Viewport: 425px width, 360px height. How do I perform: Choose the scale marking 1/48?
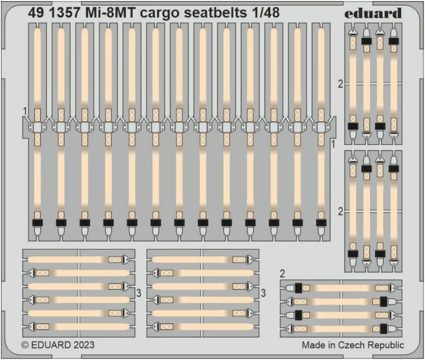[265, 13]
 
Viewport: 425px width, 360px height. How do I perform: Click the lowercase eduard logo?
[373, 13]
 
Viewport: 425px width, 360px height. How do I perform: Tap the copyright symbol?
[25, 345]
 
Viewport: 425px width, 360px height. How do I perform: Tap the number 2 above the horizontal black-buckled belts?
[282, 273]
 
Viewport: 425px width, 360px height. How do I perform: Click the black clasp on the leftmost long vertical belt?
[37, 222]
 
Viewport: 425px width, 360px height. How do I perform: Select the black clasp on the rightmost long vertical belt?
[321, 222]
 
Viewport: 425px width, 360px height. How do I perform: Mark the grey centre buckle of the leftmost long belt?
[37, 127]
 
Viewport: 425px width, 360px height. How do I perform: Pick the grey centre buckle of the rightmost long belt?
[321, 127]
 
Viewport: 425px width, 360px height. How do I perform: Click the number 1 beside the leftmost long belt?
[25, 111]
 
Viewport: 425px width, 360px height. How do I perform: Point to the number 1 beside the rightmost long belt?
[333, 144]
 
